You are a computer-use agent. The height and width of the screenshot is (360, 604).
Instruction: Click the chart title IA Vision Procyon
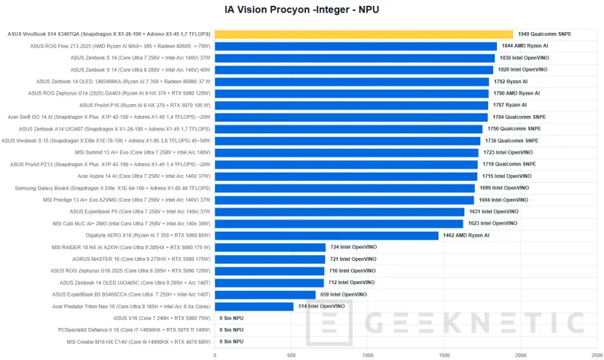coord(302,9)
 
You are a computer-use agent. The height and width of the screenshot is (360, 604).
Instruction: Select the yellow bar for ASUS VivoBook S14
coord(364,34)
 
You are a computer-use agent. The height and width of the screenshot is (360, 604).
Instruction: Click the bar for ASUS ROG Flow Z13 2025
coord(356,46)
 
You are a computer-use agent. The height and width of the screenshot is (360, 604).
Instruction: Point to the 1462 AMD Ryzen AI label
coord(466,235)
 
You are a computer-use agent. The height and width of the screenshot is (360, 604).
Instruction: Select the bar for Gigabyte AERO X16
coord(326,235)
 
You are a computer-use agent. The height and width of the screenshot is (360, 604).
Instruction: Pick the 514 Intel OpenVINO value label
coord(321,306)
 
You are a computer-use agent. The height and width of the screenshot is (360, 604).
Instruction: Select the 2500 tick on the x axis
coord(597,355)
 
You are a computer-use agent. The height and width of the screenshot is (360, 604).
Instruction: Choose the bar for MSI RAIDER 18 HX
coord(270,247)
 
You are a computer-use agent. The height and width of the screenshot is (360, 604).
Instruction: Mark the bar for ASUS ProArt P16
coord(351,105)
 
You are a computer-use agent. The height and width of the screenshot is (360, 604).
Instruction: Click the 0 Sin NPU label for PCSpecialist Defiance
coord(232,329)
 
